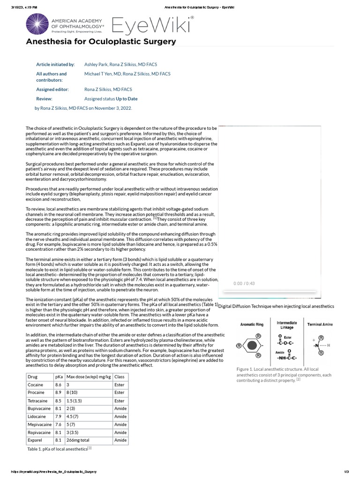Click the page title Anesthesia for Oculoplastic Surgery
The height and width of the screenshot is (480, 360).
[101, 42]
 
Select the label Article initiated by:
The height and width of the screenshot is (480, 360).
[55, 64]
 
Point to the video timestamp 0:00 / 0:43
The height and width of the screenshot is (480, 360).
[244, 284]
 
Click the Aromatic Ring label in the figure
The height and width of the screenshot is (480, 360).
[252, 324]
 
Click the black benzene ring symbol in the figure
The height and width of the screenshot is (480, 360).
[252, 345]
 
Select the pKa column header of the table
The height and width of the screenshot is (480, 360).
[59, 376]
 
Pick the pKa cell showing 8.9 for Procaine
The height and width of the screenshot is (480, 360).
[58, 392]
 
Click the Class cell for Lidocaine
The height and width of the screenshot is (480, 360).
[120, 416]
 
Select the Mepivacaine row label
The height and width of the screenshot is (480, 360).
[39, 424]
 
